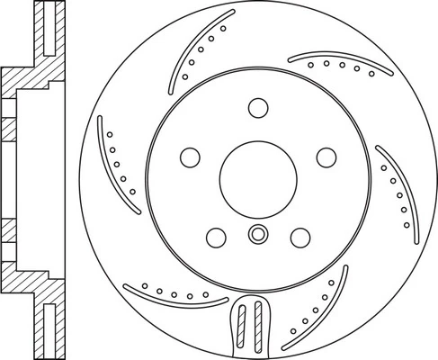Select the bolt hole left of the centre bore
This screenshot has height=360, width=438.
pos(191,157)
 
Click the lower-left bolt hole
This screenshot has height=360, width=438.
pos(216,237)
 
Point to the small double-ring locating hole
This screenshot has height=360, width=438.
pos(257,236)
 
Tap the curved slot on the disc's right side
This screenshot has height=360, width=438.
pos(399,184)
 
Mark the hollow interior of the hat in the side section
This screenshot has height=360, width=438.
pos(36,180)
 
